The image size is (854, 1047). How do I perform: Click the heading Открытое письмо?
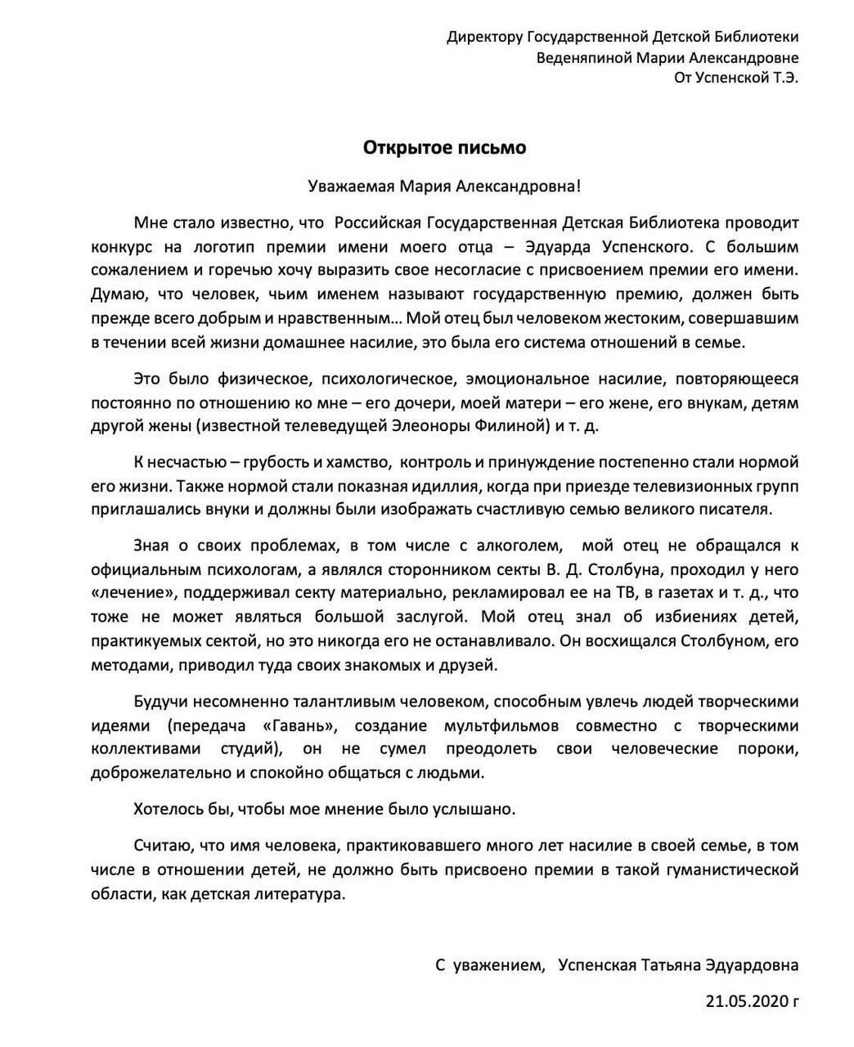pyautogui.click(x=445, y=148)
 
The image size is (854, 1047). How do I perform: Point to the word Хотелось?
pyautogui.click(x=167, y=808)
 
